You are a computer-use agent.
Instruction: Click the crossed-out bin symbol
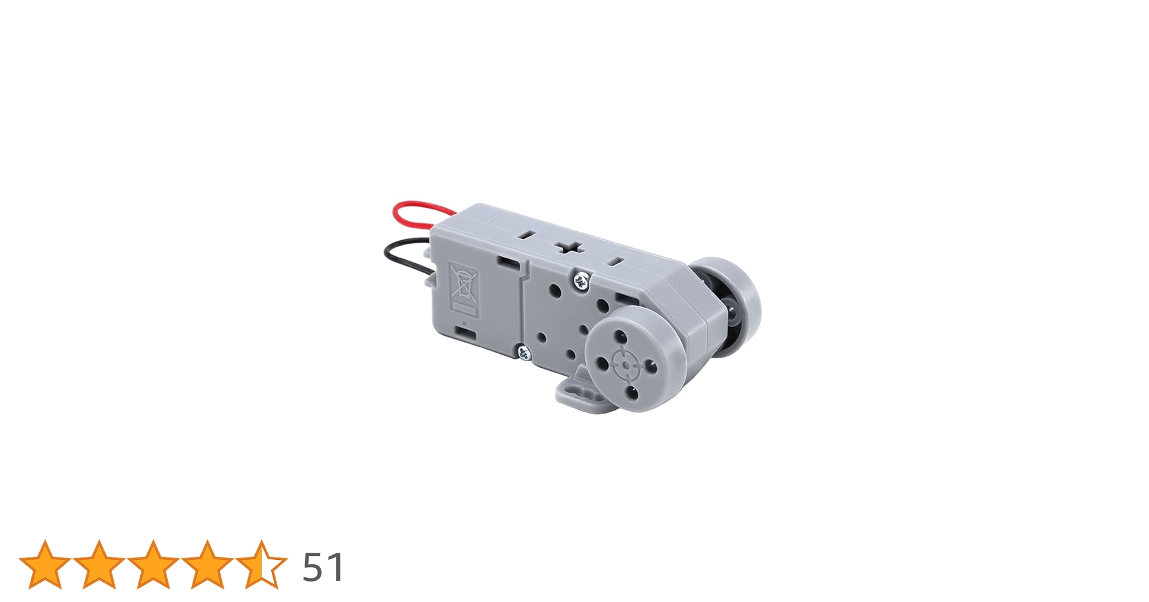(464, 285)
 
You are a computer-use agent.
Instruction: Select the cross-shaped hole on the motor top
(568, 248)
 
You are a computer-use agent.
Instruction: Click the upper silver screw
(581, 279)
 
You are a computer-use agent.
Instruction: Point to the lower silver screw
(524, 352)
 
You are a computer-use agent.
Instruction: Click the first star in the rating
(45, 564)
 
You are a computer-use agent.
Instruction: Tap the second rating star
(99, 564)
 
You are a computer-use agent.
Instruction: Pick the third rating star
(153, 564)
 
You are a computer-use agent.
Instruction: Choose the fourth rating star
(207, 564)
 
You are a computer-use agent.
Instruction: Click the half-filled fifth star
(261, 564)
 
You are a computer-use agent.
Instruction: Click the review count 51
(322, 567)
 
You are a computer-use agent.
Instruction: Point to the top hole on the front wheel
(620, 335)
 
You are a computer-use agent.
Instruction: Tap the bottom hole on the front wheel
(632, 393)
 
